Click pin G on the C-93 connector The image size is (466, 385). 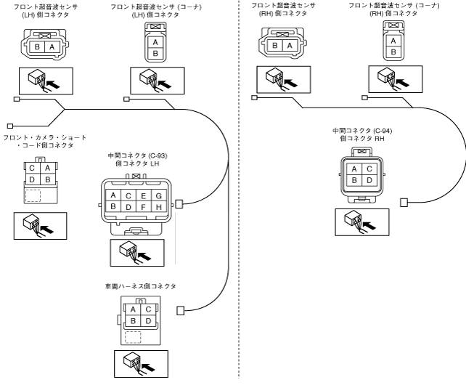160,196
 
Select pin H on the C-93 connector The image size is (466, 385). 160,207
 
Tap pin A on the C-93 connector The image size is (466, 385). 113,196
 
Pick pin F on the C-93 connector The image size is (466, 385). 144,207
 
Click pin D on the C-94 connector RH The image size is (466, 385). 370,180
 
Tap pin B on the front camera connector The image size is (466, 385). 47,178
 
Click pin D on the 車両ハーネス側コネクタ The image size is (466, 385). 148,320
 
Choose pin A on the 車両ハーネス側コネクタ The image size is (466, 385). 134,309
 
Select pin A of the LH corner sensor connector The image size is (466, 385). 154,41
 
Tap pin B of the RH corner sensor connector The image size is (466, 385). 393,52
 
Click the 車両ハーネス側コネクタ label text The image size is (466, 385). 140,287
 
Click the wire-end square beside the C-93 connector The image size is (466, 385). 179,204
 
